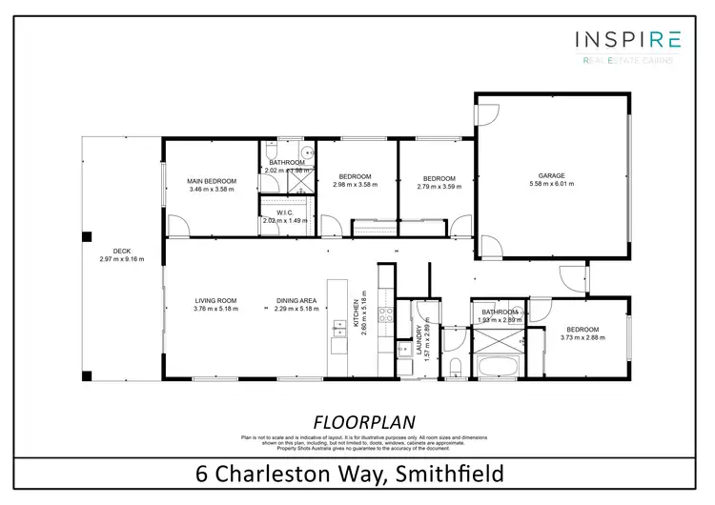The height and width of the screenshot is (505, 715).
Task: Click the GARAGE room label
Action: point(552,175)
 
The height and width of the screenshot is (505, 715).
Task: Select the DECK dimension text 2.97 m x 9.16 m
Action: point(122,259)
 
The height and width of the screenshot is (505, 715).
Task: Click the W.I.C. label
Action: point(284,212)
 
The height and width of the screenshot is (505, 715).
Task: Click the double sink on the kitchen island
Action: point(338,331)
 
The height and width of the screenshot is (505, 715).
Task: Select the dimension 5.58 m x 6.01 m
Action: point(552,186)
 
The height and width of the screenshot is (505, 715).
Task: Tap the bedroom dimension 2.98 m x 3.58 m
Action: point(357,185)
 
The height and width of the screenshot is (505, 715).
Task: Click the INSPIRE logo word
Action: point(627,39)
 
